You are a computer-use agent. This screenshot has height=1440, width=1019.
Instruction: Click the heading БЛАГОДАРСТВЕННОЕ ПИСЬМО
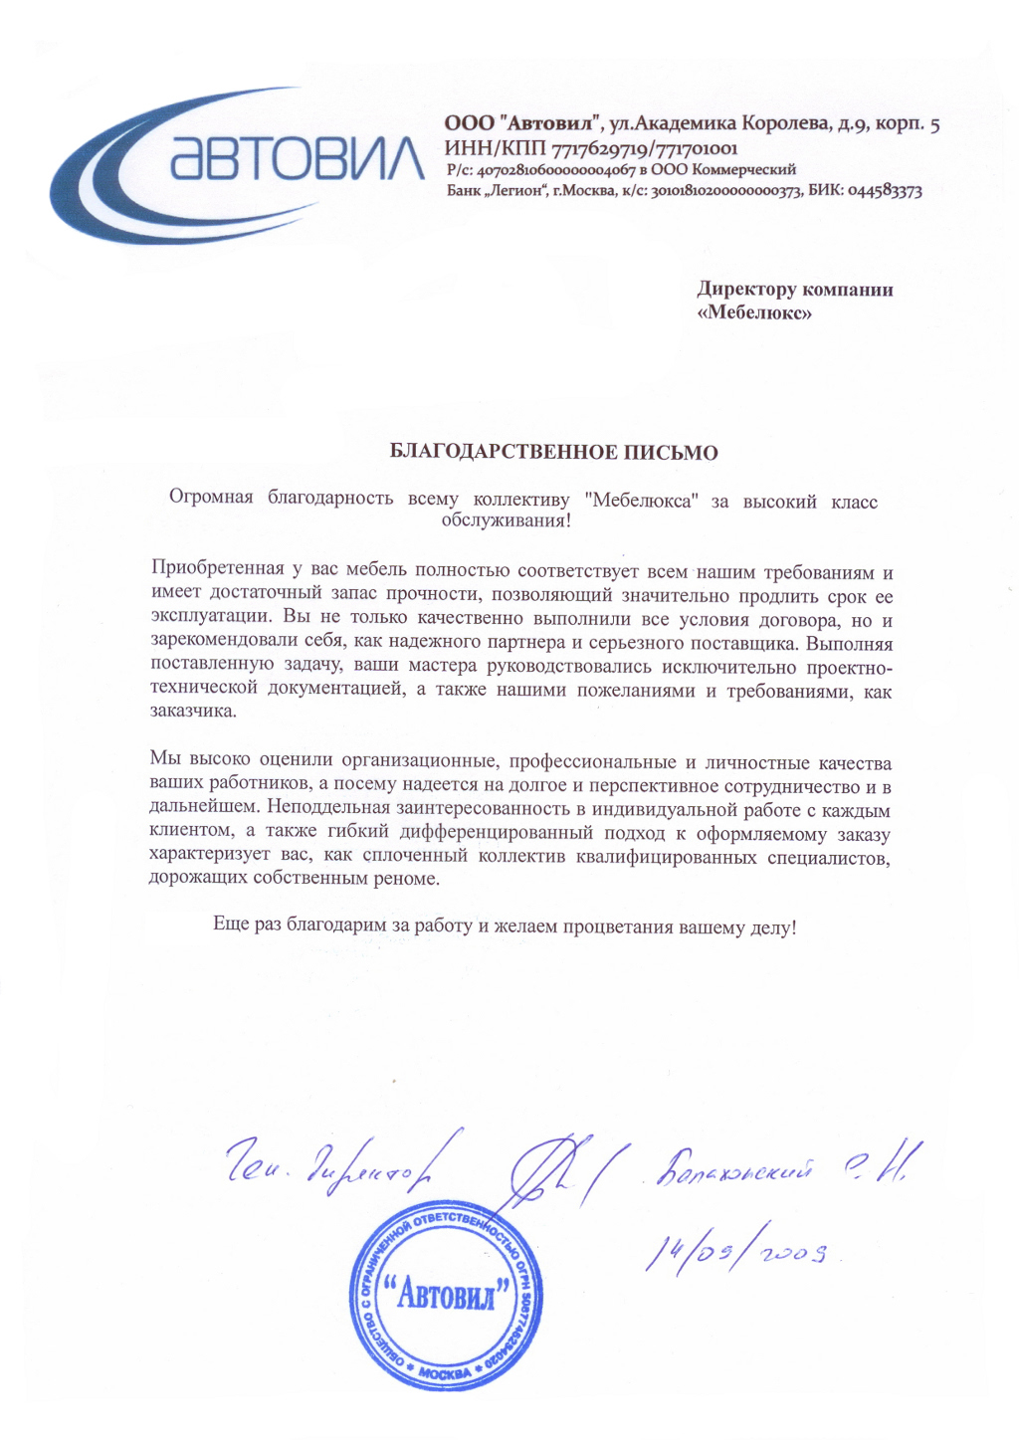click(x=553, y=453)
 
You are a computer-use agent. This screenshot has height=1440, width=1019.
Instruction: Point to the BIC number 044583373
click(x=884, y=191)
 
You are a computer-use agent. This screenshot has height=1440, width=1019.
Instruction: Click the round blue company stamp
click(x=447, y=1296)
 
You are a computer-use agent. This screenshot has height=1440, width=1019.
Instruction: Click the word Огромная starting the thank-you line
click(x=211, y=499)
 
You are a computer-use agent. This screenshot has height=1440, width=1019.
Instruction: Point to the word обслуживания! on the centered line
click(x=506, y=520)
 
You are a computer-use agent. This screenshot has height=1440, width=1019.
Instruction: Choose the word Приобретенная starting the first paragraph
click(x=217, y=570)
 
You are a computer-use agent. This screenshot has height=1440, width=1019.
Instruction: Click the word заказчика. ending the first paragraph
click(x=194, y=712)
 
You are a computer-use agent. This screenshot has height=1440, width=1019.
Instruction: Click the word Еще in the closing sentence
click(x=230, y=926)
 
